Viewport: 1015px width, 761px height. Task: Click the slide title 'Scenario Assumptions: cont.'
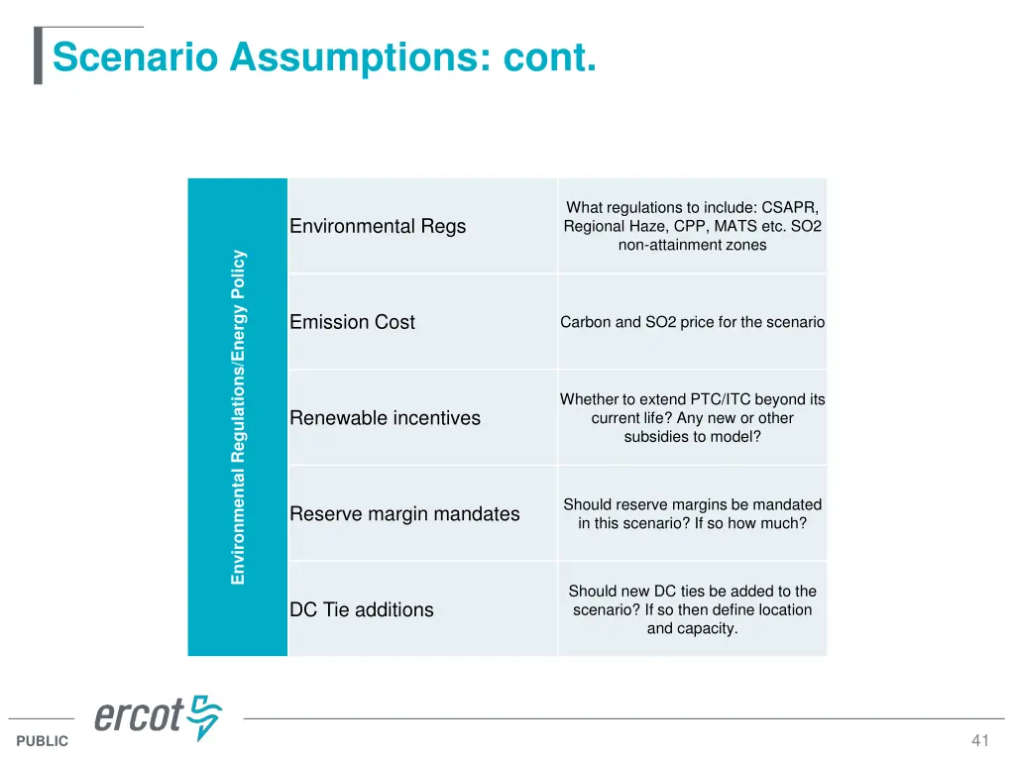pyautogui.click(x=324, y=56)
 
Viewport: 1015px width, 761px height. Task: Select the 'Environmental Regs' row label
pyautogui.click(x=377, y=226)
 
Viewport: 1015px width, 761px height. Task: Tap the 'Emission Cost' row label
pyautogui.click(x=352, y=322)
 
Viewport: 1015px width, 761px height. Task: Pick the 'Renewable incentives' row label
pyautogui.click(x=385, y=418)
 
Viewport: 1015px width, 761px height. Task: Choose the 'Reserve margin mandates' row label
pyautogui.click(x=404, y=513)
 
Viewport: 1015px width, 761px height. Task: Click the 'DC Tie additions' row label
pyautogui.click(x=361, y=609)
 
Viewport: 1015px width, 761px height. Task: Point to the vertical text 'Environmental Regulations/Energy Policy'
pyautogui.click(x=238, y=417)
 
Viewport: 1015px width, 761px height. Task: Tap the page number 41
pyautogui.click(x=980, y=740)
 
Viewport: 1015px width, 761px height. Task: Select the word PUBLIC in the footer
pyautogui.click(x=43, y=741)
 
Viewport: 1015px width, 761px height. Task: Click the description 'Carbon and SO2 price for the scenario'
pyautogui.click(x=692, y=322)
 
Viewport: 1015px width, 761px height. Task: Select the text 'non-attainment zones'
pyautogui.click(x=692, y=245)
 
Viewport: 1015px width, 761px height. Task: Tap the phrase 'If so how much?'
pyautogui.click(x=749, y=523)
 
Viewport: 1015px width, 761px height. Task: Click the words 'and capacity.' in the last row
pyautogui.click(x=692, y=628)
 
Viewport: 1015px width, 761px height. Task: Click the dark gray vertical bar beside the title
pyautogui.click(x=38, y=56)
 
